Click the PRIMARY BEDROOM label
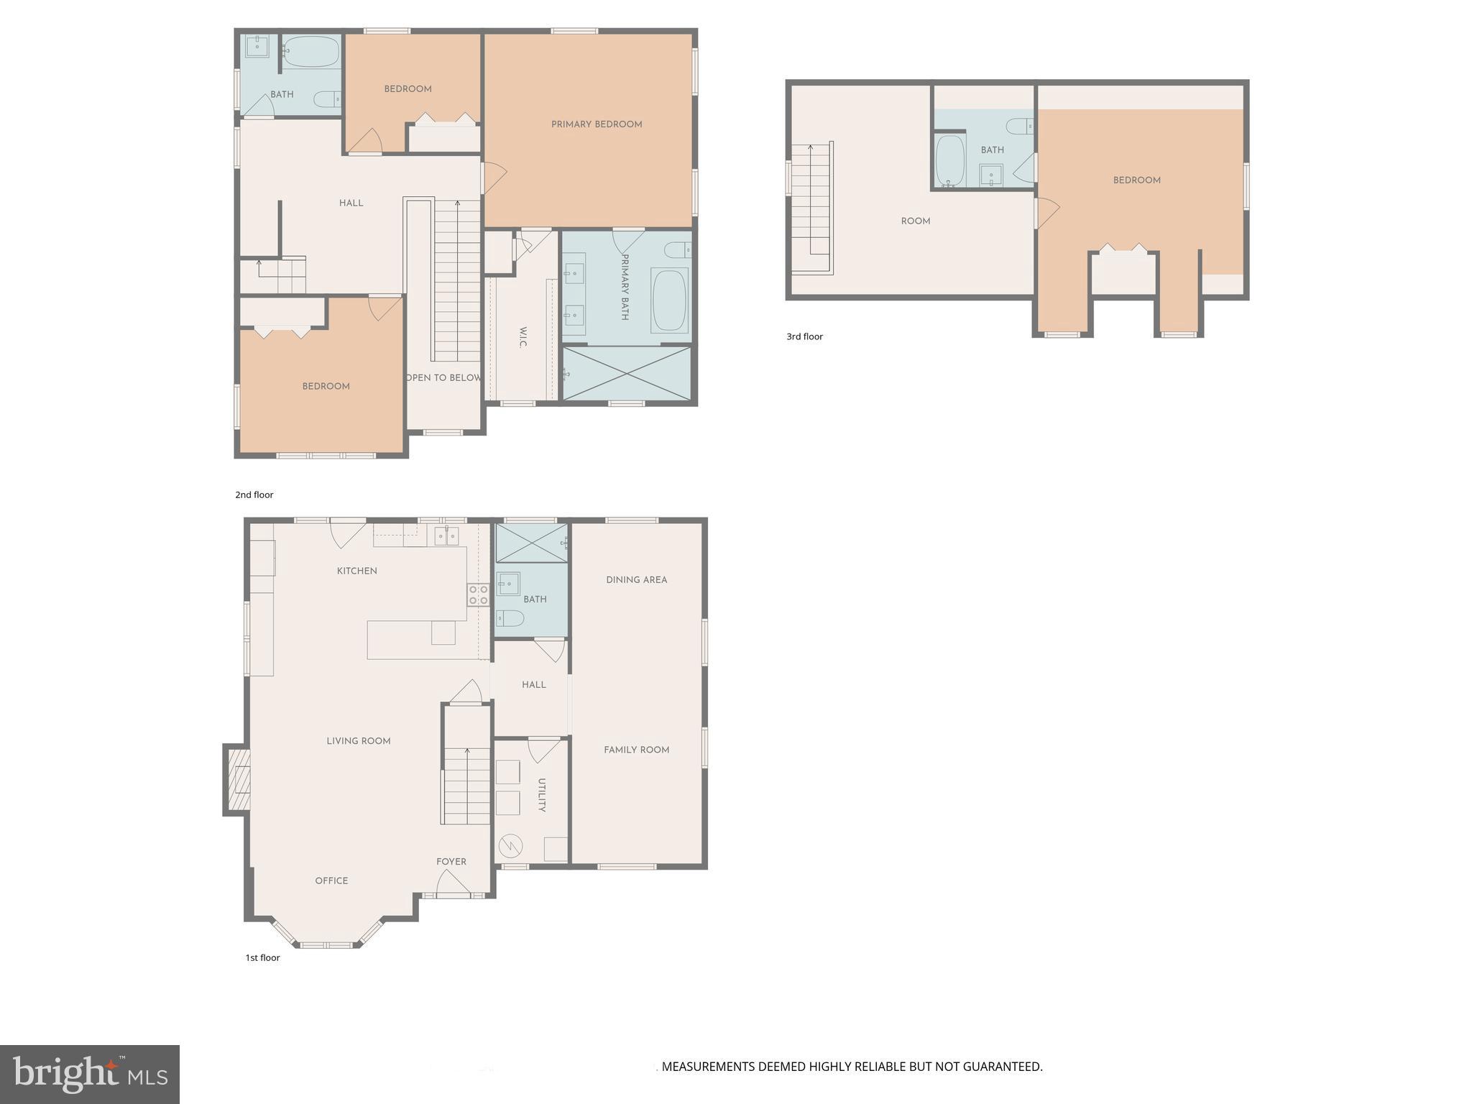point(597,124)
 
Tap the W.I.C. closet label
point(523,338)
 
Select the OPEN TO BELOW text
point(443,377)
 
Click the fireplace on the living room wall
point(237,780)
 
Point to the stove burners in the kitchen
point(479,594)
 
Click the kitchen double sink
point(446,535)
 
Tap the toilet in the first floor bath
point(510,618)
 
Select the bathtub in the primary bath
point(669,300)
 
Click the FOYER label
point(451,861)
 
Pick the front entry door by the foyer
point(452,885)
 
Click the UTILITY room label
point(542,795)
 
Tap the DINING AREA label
point(636,579)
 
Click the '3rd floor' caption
point(804,336)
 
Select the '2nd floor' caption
point(254,494)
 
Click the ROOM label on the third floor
point(915,221)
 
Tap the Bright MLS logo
point(90,1074)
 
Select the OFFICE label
point(331,880)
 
